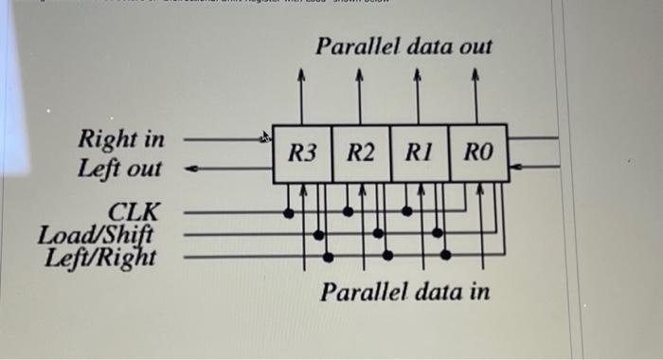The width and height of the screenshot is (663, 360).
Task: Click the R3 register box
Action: point(302,153)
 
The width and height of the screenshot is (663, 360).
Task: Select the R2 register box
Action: point(361,153)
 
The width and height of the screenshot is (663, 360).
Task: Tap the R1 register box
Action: point(419,153)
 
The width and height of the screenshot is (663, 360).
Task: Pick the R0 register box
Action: point(478,153)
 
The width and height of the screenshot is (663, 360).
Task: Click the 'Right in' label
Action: point(120,140)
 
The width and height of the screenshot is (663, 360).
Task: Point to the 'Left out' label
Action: point(120,170)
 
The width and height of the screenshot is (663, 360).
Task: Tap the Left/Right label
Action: point(100,255)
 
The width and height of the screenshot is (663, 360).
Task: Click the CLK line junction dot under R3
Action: point(289,212)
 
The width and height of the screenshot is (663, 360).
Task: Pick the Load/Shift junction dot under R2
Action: point(377,233)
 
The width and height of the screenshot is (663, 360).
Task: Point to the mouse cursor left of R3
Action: point(267,138)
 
